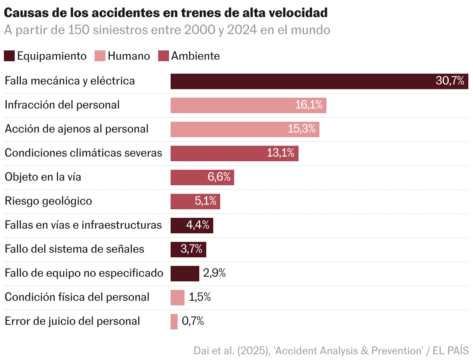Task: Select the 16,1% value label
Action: click(x=309, y=105)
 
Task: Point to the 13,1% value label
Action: click(x=281, y=153)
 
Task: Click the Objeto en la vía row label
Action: click(x=43, y=177)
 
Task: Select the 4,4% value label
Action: click(x=198, y=225)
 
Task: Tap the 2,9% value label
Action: click(x=214, y=273)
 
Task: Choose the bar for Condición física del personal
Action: click(x=177, y=298)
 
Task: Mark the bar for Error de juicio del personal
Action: click(x=174, y=322)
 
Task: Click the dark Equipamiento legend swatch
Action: click(x=9, y=56)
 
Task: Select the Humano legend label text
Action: click(x=129, y=56)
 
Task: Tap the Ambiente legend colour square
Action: click(x=164, y=56)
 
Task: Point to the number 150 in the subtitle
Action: click(x=79, y=30)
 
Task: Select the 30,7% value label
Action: click(x=450, y=81)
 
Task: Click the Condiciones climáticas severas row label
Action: click(x=83, y=153)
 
